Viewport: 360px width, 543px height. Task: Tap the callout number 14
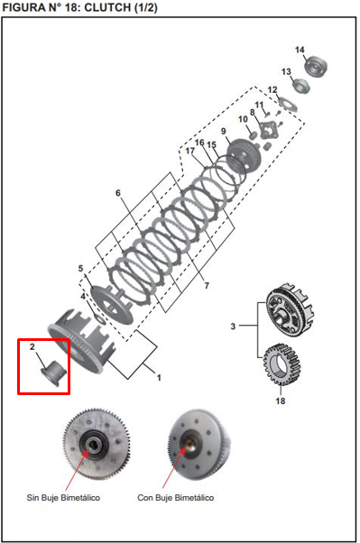(300, 50)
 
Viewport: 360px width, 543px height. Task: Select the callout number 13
(286, 71)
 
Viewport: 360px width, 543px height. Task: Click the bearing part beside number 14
(316, 66)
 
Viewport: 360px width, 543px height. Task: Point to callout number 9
(223, 132)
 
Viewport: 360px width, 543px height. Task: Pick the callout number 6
(117, 193)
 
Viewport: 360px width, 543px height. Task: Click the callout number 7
(207, 285)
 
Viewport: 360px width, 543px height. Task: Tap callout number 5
(80, 269)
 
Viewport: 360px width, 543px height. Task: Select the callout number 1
(158, 377)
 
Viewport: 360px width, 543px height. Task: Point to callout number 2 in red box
(32, 346)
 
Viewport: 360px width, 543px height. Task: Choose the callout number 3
(233, 326)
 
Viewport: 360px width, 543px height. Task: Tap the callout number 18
(280, 400)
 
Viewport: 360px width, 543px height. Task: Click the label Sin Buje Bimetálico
(63, 497)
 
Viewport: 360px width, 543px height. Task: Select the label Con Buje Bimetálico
(176, 497)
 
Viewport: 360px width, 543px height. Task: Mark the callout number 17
(190, 151)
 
